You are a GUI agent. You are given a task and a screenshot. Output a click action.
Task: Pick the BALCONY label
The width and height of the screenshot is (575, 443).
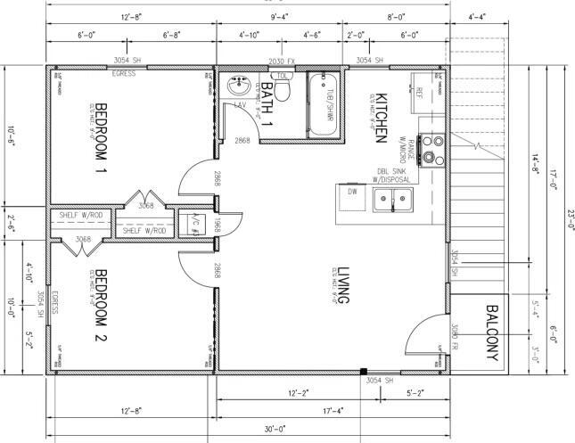click(491, 333)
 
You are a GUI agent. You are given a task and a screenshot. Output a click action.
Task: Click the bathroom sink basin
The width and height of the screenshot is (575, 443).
click(239, 87)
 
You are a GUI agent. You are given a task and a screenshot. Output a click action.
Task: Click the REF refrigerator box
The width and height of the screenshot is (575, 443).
click(420, 91)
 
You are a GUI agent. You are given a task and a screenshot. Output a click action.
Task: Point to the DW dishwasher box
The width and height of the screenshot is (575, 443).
click(352, 191)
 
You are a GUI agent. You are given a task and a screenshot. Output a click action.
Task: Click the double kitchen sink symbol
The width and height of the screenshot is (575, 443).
click(393, 201)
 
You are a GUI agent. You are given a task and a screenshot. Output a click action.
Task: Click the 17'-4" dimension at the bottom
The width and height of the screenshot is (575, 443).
click(333, 411)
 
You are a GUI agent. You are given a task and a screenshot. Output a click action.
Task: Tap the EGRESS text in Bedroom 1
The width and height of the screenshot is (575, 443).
click(124, 73)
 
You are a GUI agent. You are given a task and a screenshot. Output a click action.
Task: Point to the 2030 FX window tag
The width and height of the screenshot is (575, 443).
click(282, 61)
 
